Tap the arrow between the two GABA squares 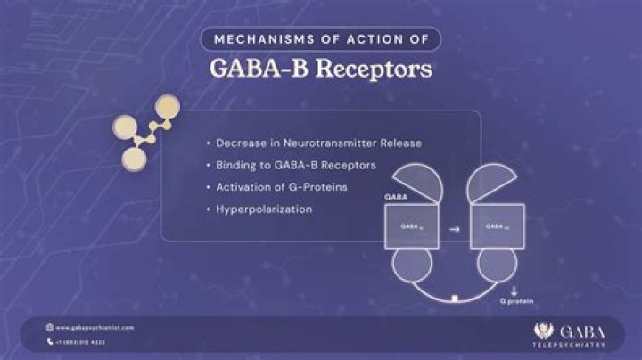click(453, 228)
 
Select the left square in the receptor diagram click(411, 226)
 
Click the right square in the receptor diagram click(497, 226)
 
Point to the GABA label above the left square click(395, 197)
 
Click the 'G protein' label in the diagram click(518, 302)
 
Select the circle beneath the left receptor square click(411, 266)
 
